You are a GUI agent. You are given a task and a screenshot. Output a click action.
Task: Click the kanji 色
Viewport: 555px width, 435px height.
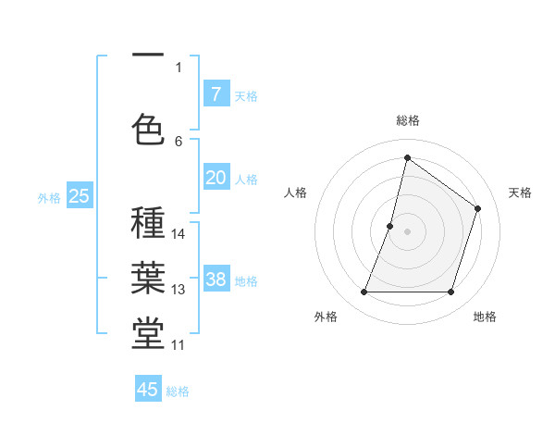[148, 129]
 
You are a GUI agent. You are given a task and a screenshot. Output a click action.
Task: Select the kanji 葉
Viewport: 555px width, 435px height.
[148, 279]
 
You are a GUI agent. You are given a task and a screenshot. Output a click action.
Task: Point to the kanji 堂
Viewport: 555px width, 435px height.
[148, 334]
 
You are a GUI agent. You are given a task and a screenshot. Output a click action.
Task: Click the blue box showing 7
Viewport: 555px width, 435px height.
[216, 93]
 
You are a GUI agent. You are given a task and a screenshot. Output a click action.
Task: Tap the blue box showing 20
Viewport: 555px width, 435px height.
[216, 178]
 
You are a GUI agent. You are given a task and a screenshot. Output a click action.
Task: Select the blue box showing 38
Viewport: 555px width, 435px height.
[216, 280]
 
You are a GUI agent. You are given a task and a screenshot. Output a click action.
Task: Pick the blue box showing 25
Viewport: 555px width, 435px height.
[80, 196]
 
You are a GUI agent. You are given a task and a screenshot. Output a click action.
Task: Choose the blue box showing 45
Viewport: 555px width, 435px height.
[148, 390]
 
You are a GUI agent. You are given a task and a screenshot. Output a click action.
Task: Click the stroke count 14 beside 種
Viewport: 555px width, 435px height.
[179, 233]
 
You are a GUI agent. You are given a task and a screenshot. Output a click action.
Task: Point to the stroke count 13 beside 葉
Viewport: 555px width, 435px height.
[179, 290]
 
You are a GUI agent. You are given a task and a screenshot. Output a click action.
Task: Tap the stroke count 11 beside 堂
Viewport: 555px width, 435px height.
[179, 345]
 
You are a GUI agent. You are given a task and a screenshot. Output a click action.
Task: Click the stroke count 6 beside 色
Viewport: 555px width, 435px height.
[179, 141]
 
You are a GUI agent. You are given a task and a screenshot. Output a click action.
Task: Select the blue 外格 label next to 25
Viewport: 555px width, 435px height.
[49, 197]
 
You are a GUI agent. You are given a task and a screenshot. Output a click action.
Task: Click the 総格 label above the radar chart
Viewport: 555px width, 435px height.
[407, 120]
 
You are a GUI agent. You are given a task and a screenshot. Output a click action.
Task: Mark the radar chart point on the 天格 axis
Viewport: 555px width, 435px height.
[478, 208]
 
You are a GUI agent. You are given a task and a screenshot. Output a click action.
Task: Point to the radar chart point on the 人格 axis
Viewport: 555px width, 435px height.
[390, 226]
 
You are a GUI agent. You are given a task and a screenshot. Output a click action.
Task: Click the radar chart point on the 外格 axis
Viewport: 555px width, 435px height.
[364, 292]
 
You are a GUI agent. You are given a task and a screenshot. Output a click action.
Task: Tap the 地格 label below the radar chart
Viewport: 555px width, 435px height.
[485, 317]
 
